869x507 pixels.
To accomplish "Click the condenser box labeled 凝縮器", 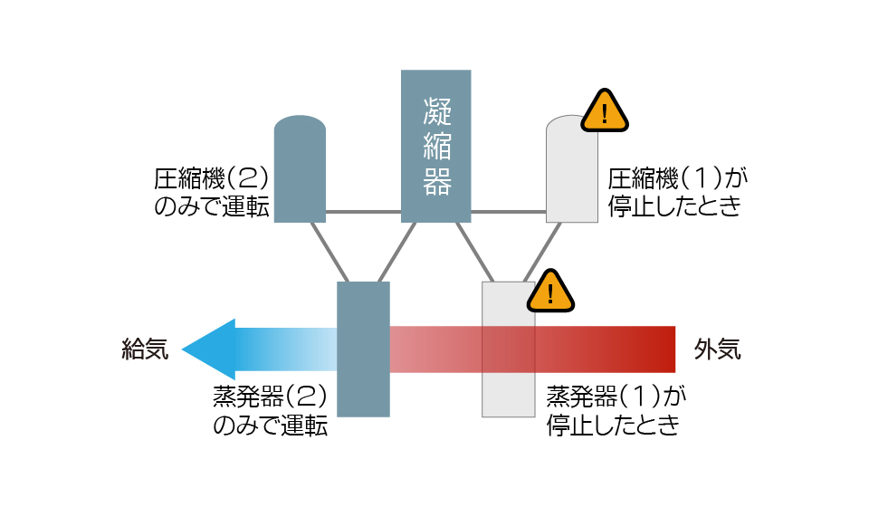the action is [x=436, y=147].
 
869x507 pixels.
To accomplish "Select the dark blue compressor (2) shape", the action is [x=300, y=169].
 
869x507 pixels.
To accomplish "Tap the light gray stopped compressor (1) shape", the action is [x=572, y=169].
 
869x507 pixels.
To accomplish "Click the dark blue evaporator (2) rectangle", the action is [x=364, y=349].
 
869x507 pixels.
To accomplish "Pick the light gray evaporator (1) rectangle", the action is [x=508, y=349].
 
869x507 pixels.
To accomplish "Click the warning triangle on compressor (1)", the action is [x=605, y=110].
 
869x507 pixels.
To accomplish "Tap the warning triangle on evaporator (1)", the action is [x=550, y=292].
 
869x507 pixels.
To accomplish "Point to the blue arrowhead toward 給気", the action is [x=209, y=349].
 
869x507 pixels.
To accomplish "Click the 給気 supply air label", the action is [x=145, y=349].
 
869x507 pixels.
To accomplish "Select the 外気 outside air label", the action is [x=718, y=349].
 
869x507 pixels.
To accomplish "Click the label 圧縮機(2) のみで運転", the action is [x=212, y=192].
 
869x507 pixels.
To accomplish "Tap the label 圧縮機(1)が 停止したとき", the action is [x=677, y=192].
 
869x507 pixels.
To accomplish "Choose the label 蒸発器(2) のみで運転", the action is [x=271, y=411].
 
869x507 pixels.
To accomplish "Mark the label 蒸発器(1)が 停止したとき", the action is [x=616, y=411].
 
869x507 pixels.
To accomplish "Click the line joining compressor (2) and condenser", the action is [x=364, y=212].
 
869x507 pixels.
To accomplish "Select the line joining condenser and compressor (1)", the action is [x=509, y=212].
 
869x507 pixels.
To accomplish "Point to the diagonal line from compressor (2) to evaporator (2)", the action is [x=329, y=252].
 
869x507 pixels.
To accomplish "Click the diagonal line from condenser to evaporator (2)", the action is [x=396, y=252].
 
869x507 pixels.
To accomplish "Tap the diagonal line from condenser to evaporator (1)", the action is [x=475, y=252].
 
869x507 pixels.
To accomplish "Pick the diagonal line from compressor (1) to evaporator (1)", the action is [x=542, y=252].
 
